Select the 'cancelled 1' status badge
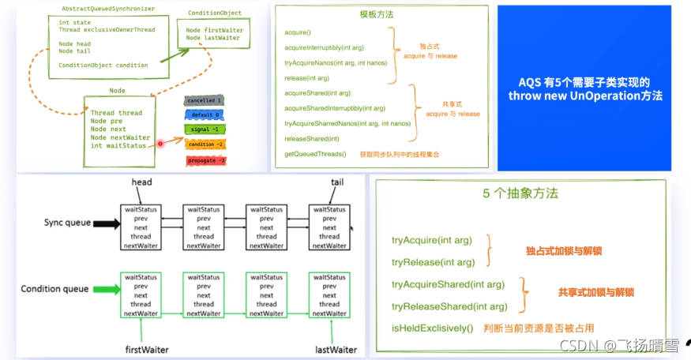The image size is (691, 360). coord(205,100)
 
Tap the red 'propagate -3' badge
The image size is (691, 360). coord(206,160)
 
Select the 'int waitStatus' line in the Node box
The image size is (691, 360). coord(118,145)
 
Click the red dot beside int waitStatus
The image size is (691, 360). coord(160,144)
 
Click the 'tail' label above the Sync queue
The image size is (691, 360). coord(337,182)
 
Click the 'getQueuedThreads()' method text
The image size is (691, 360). coord(315,153)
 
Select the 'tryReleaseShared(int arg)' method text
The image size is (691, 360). coord(449,306)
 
